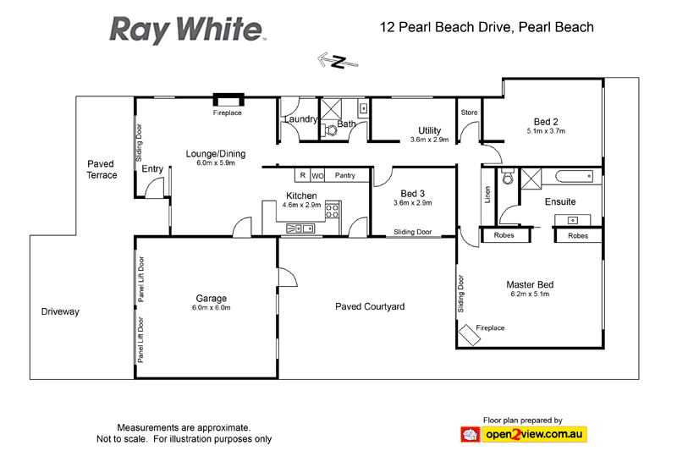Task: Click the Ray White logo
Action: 186,29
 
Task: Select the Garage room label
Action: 211,299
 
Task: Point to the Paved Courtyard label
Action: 370,306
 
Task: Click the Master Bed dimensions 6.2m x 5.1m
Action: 530,294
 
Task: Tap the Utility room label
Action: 429,130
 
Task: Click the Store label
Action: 469,113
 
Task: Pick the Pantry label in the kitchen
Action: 344,176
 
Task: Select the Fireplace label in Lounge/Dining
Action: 227,113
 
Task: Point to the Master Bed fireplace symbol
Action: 470,337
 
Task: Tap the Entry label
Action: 152,169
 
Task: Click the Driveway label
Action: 60,312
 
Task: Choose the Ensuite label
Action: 560,202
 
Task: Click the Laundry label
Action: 300,119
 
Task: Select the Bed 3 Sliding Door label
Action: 414,232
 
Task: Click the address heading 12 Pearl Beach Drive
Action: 487,27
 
